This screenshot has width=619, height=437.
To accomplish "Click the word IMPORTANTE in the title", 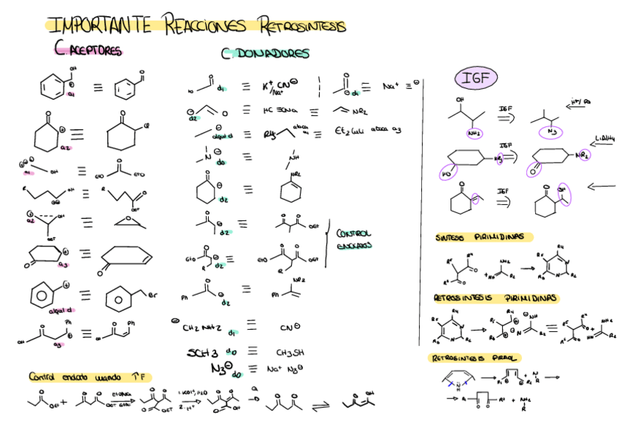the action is point(99,26).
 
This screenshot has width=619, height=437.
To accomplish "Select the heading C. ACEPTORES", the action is point(88,50).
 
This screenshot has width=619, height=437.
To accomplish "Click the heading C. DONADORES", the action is point(265,53).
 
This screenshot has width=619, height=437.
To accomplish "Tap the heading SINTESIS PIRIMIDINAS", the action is point(483,237).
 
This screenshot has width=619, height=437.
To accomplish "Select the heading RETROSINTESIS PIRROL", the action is point(474,358).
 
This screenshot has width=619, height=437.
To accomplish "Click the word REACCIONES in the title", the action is point(206,26).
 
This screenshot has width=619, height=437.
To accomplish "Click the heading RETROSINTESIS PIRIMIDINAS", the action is point(496,298).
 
